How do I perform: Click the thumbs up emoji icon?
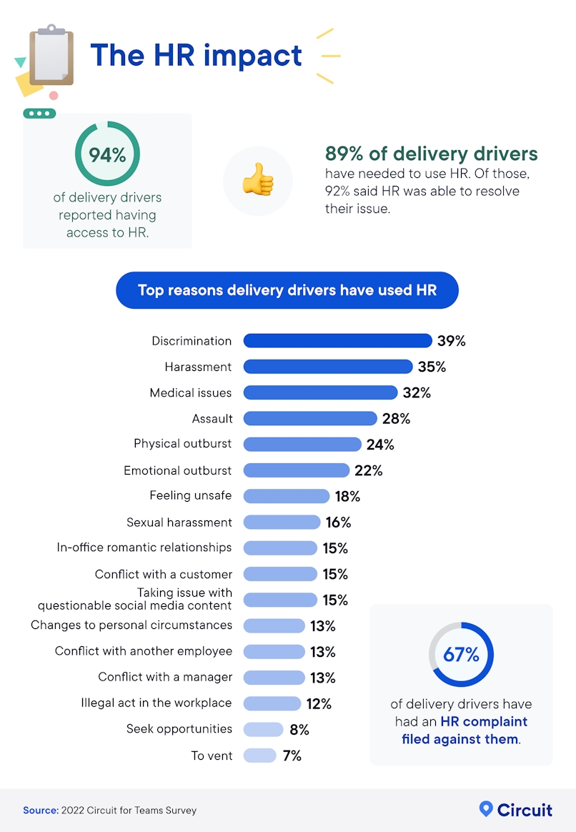(257, 181)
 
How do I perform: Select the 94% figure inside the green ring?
(107, 154)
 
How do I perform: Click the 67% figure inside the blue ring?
(461, 654)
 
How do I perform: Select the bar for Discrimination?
(337, 341)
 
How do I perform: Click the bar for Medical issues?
(320, 392)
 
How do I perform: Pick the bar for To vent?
(259, 756)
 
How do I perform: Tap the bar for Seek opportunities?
(263, 730)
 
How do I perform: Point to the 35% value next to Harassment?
(431, 367)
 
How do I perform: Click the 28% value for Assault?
(396, 418)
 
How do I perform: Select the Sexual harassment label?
(179, 523)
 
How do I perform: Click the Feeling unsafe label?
(190, 495)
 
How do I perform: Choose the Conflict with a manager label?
(165, 677)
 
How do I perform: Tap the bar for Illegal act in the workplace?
(272, 703)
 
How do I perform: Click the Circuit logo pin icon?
(486, 809)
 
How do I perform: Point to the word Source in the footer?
(40, 811)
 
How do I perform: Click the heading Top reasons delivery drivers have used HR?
(287, 290)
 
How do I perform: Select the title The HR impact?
(196, 55)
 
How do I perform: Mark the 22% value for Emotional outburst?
(368, 470)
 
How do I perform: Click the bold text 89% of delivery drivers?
(431, 154)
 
